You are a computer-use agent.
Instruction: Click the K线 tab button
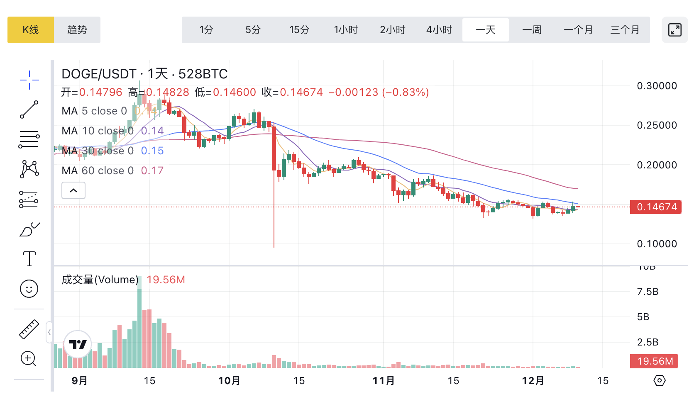(31, 30)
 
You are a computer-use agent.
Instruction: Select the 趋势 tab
(77, 30)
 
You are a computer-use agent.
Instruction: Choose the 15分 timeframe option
(299, 30)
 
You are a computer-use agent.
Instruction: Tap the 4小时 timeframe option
(439, 30)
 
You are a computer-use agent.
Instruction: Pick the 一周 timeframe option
(532, 30)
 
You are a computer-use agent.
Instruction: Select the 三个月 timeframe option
(625, 30)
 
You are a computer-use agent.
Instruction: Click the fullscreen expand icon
(675, 30)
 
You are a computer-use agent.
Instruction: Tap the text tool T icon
(29, 259)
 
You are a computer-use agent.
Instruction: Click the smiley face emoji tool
(29, 289)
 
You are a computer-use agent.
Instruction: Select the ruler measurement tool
(29, 329)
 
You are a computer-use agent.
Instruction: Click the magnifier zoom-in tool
(29, 359)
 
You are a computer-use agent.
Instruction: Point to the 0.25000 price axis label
(657, 125)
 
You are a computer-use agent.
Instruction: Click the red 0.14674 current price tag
(656, 207)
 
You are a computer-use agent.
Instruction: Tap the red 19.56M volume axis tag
(654, 361)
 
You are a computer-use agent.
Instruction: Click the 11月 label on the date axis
(384, 381)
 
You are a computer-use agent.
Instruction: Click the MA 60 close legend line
(112, 170)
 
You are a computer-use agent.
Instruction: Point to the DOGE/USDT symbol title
(99, 74)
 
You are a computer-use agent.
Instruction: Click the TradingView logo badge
(78, 344)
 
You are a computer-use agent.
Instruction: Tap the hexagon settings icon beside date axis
(659, 380)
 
